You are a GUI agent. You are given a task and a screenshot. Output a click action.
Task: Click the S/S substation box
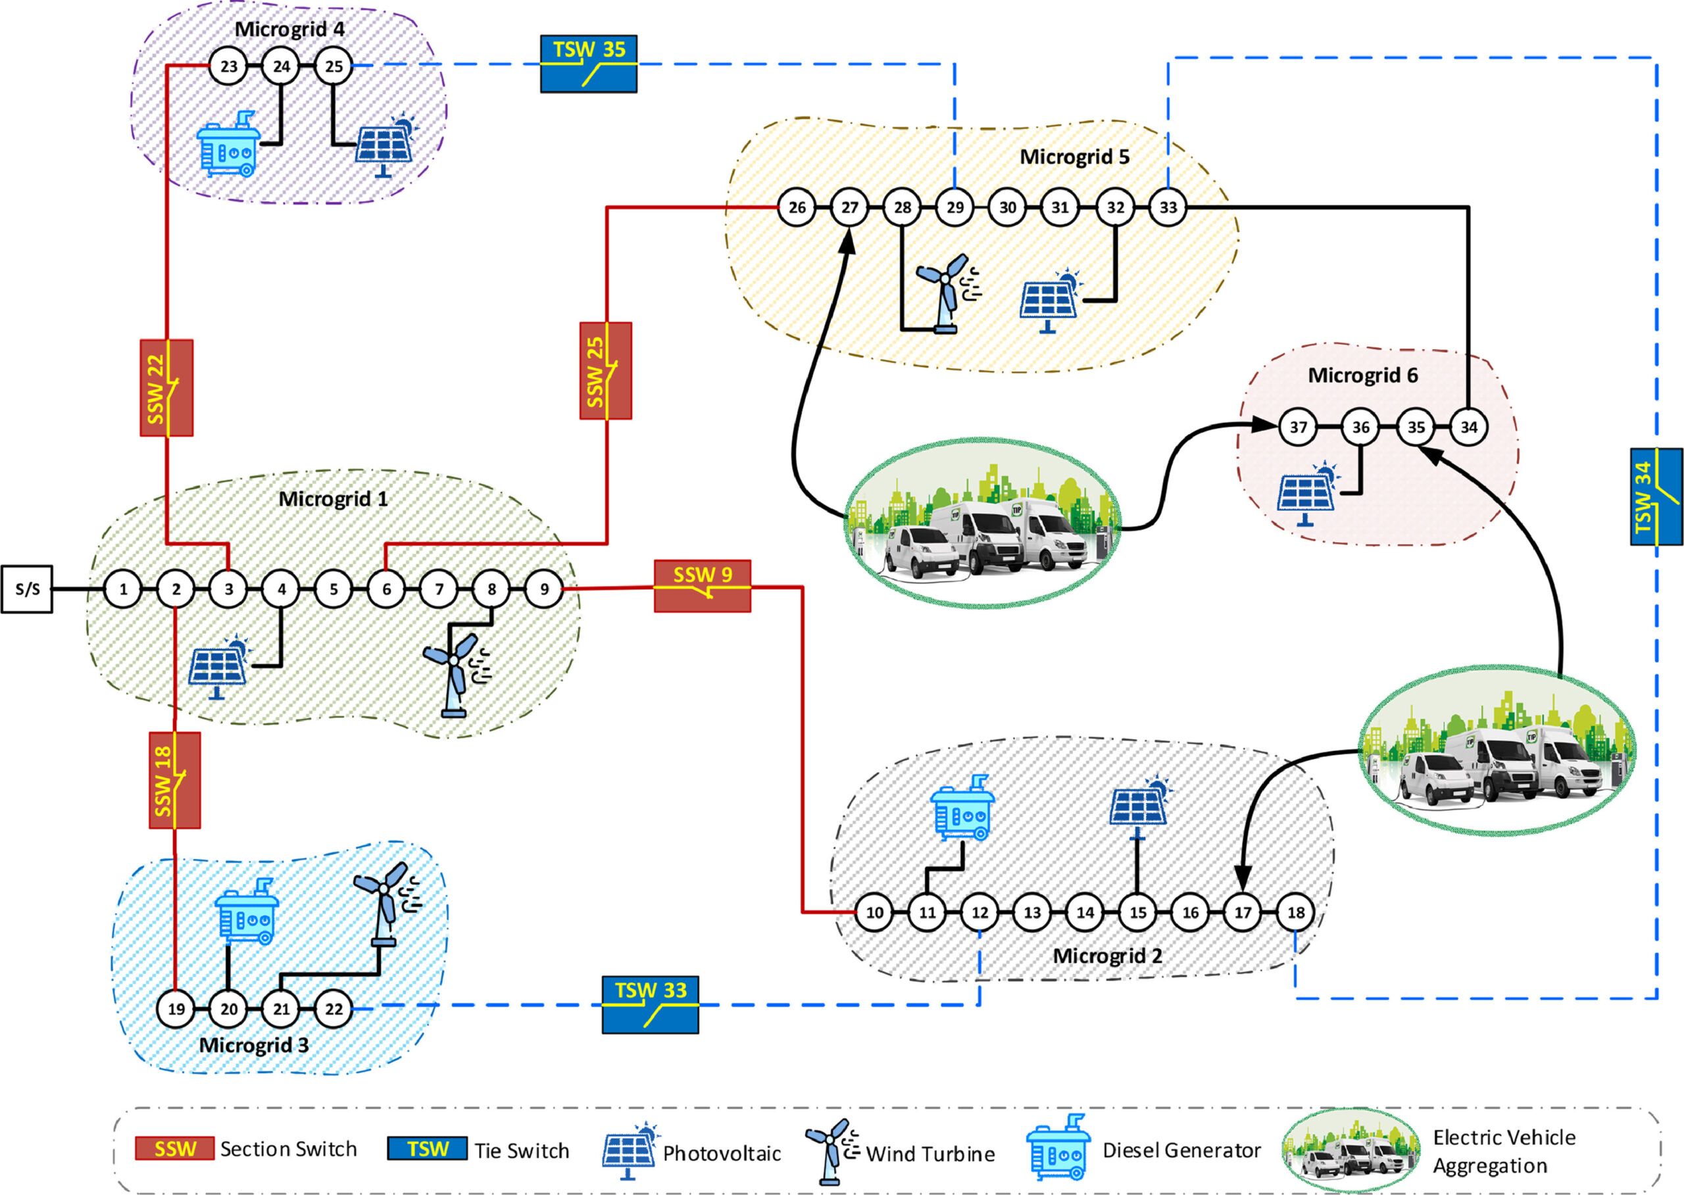[x=27, y=589]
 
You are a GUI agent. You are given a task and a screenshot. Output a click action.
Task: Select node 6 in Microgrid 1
[x=386, y=589]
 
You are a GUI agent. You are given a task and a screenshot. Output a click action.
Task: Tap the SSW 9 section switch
[x=702, y=586]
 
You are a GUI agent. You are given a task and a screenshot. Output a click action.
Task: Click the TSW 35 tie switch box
[x=588, y=64]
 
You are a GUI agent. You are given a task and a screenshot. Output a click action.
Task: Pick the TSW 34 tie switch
[x=1656, y=497]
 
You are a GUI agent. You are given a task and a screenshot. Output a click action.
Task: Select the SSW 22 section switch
[x=166, y=388]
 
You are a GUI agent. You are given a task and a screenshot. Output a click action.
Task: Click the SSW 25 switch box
[x=605, y=371]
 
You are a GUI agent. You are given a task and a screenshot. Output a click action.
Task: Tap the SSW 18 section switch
[x=174, y=780]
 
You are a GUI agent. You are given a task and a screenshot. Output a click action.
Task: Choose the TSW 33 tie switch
[x=650, y=1004]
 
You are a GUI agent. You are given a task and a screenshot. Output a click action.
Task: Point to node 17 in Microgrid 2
[x=1243, y=912]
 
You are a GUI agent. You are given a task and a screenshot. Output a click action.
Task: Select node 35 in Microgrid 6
[x=1416, y=427]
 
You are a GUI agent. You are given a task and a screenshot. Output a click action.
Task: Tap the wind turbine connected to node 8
[x=457, y=673]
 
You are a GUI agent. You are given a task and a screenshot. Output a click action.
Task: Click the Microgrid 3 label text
[x=254, y=1045]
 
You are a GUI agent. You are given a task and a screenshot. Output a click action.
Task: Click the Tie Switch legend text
[x=521, y=1151]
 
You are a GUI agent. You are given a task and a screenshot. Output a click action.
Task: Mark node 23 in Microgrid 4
[x=229, y=66]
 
